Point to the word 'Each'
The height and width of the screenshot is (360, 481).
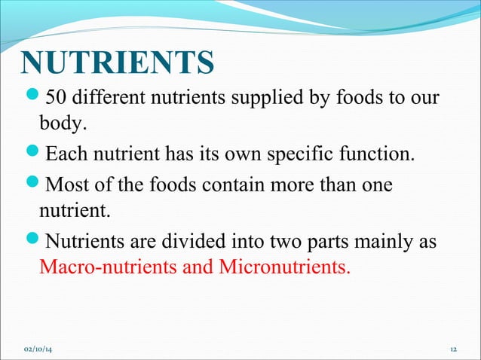[x=63, y=156]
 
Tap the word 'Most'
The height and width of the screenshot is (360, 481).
[x=65, y=185]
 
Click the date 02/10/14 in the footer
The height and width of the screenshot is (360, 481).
[x=43, y=349]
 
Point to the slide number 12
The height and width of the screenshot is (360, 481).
[x=453, y=349]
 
